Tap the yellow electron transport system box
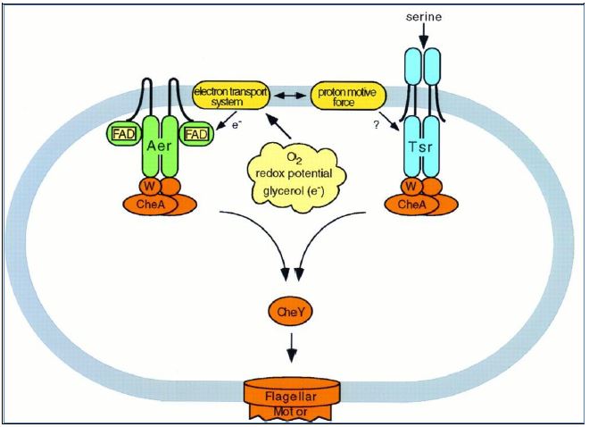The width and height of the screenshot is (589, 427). [235, 94]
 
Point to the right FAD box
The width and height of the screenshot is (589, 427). [196, 135]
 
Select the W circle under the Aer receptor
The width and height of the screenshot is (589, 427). [145, 187]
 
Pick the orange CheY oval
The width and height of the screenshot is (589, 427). [287, 314]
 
